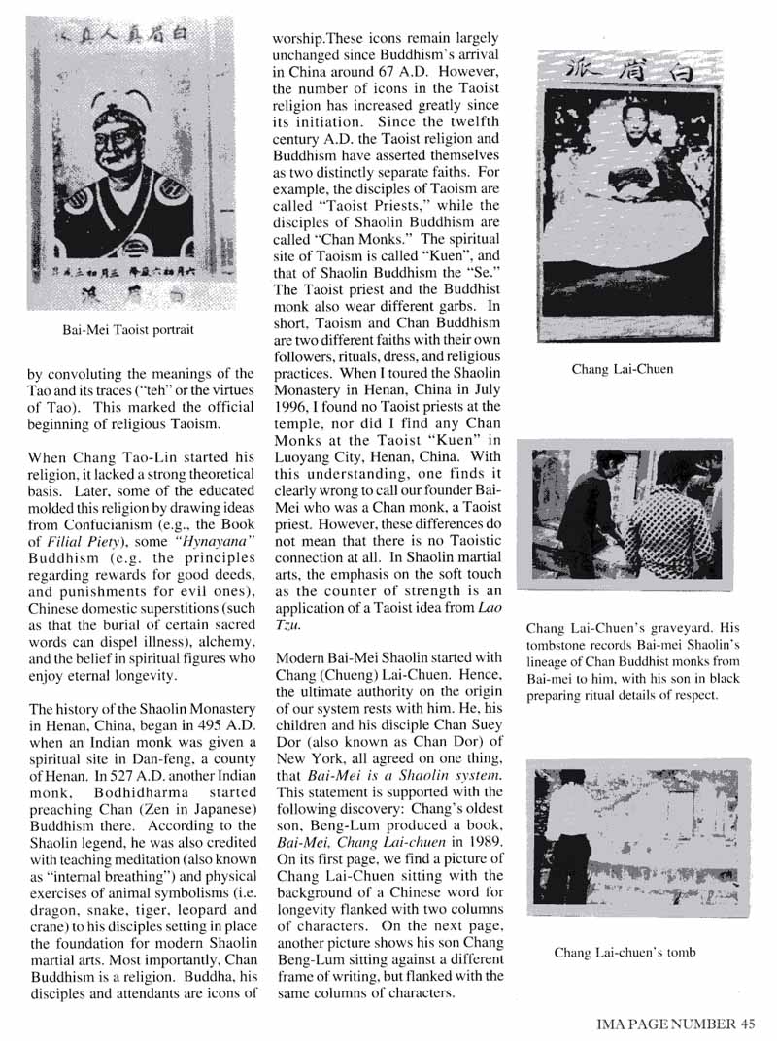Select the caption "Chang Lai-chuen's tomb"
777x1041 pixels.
[625, 953]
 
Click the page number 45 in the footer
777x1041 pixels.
[746, 1021]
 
